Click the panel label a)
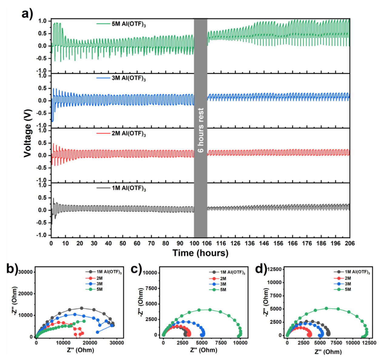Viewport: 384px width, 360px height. tap(27, 14)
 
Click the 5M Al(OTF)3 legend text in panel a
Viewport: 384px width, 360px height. tap(129, 24)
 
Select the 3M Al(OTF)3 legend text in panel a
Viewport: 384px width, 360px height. tap(129, 78)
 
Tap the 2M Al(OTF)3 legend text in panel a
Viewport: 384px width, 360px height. tap(129, 134)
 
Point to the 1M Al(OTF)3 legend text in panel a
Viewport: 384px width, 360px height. tap(129, 188)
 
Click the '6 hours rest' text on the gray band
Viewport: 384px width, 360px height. tap(200, 130)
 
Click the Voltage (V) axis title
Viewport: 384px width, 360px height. tap(28, 133)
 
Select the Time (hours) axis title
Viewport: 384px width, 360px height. tap(200, 253)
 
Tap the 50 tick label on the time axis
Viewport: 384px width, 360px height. tap(123, 243)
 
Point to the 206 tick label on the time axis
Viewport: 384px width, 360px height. tap(349, 243)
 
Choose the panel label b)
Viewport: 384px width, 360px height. tap(12, 269)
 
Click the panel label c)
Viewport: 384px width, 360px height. tap(136, 269)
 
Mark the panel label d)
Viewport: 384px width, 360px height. tap(261, 269)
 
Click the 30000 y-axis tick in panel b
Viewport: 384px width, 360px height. tap(25, 272)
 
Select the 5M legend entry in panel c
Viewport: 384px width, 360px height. tap(223, 290)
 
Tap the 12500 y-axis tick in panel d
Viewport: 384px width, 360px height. tap(274, 269)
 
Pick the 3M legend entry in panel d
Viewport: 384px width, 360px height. tap(348, 284)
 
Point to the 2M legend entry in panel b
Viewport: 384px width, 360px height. tap(99, 278)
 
